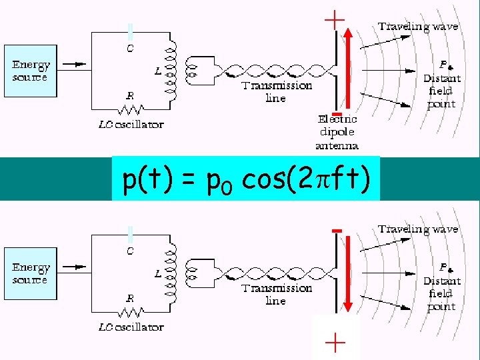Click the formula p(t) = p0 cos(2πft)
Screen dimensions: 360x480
pyautogui.click(x=245, y=179)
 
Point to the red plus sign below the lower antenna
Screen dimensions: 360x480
pyautogui.click(x=335, y=343)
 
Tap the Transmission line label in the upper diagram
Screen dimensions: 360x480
pyautogui.click(x=277, y=92)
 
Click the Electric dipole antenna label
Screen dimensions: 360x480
pyautogui.click(x=337, y=132)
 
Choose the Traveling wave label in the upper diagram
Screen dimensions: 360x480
pyautogui.click(x=418, y=27)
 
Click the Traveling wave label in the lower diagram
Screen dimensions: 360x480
pyautogui.click(x=418, y=229)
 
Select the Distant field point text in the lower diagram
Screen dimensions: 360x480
pyautogui.click(x=441, y=294)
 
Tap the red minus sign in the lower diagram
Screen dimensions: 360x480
pyautogui.click(x=337, y=230)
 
